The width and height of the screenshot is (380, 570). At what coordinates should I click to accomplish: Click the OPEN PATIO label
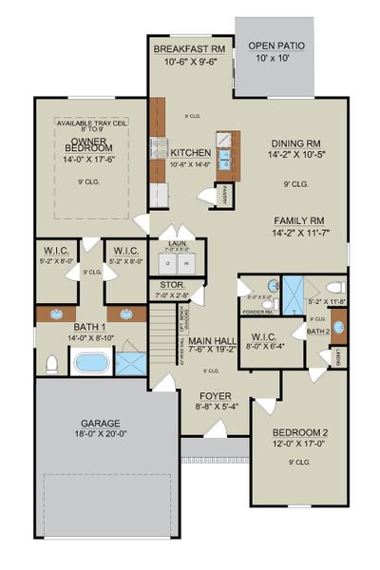point(276,46)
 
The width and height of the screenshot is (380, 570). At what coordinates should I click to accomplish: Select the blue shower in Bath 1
point(132,362)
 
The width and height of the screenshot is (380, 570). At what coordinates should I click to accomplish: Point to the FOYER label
point(214,395)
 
